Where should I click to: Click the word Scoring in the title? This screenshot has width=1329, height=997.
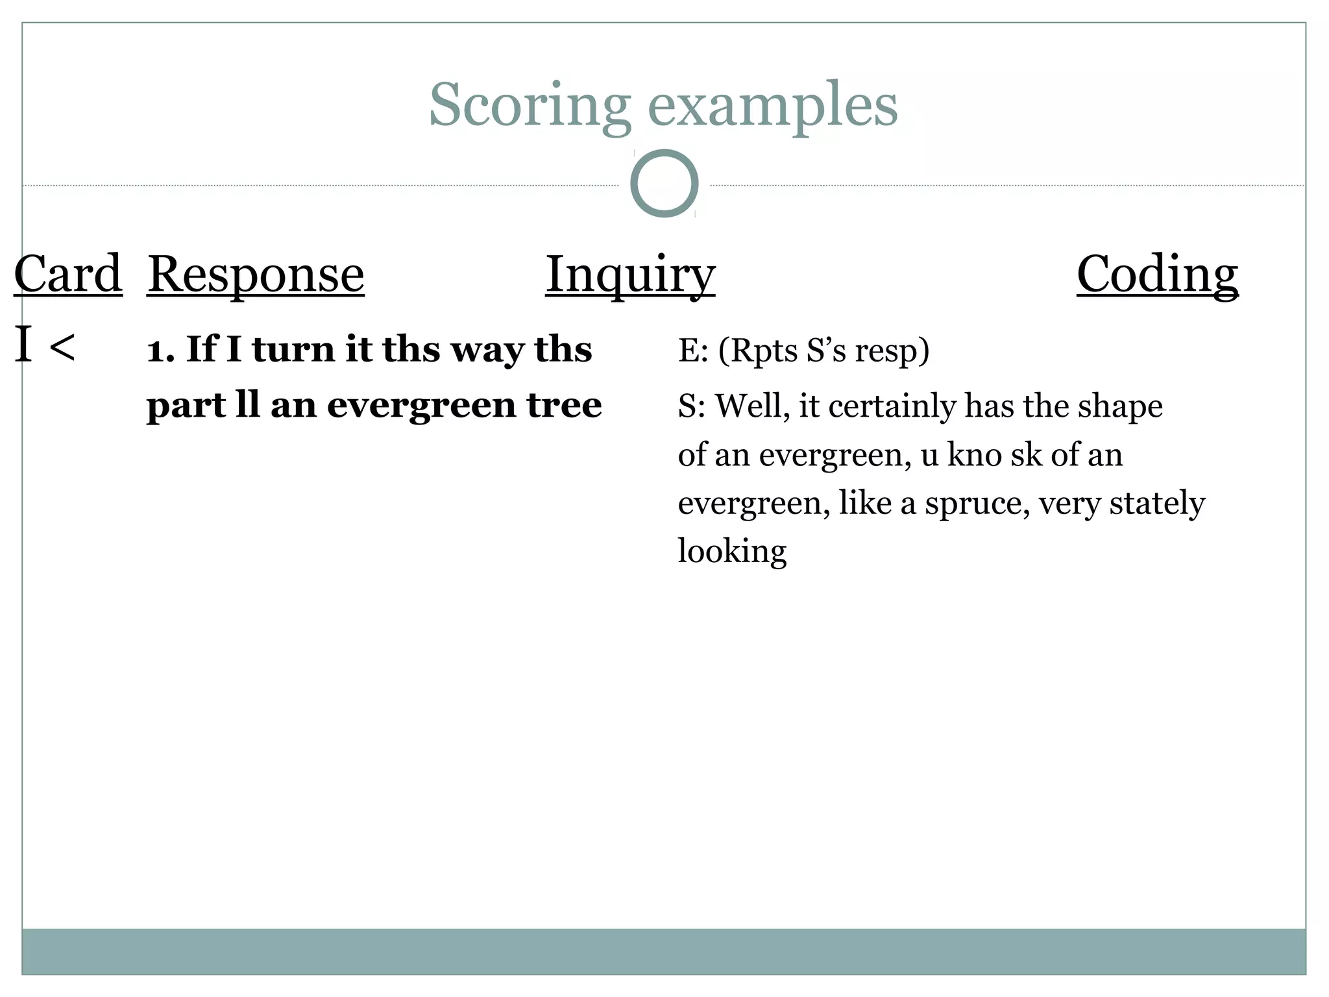529,105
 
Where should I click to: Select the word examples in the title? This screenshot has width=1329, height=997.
772,105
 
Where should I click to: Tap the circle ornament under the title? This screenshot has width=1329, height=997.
664,184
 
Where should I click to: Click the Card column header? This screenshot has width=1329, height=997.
68,274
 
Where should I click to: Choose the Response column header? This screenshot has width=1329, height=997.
256,274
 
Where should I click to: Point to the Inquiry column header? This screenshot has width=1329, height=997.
630,274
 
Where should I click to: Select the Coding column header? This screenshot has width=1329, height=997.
1157,274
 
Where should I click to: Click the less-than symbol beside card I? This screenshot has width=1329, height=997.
62,347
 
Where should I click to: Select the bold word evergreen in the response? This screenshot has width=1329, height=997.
420,406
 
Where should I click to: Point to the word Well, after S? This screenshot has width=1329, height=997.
752,406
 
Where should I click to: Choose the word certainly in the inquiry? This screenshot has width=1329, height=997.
892,406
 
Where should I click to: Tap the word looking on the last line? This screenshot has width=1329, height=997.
732,552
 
